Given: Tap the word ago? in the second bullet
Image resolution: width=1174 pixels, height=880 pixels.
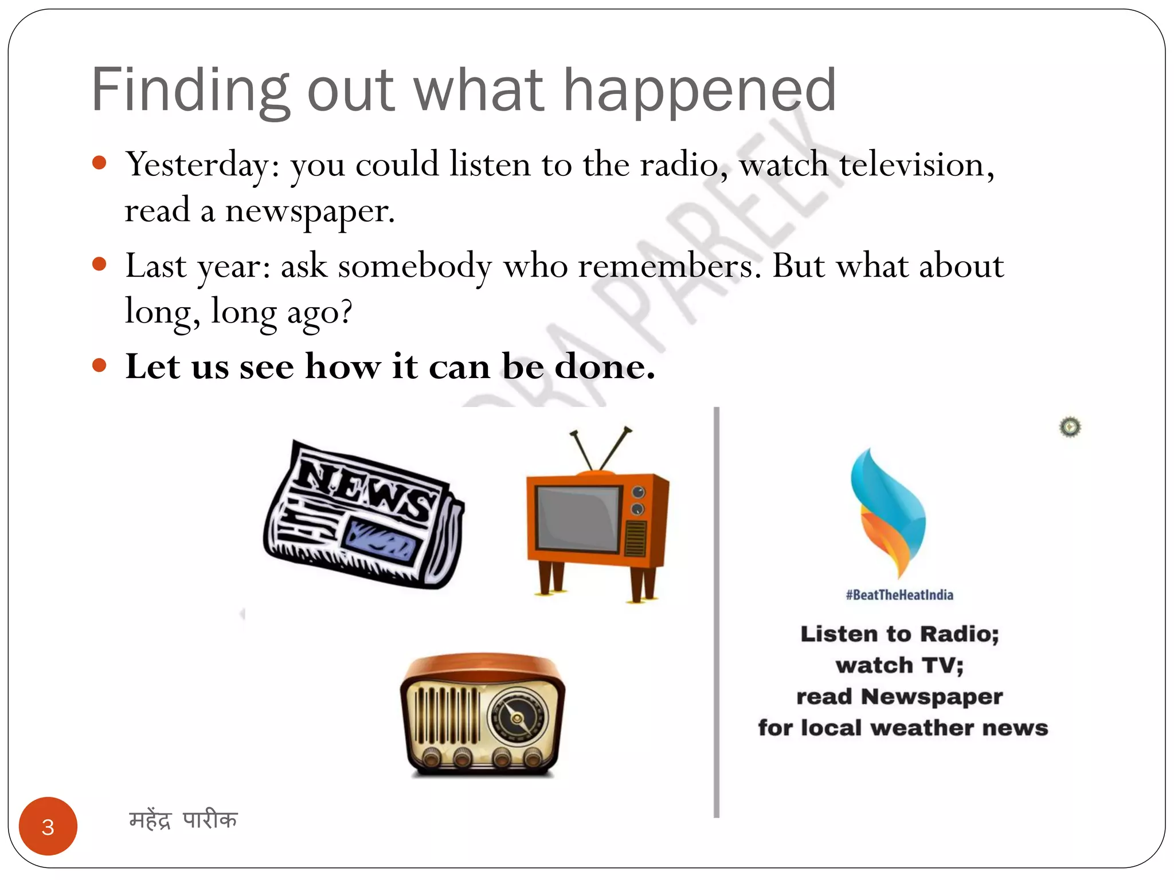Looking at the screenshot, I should pos(319,313).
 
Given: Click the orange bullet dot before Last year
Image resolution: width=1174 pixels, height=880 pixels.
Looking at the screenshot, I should pos(99,264).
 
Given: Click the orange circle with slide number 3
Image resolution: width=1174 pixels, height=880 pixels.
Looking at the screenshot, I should pos(48,826).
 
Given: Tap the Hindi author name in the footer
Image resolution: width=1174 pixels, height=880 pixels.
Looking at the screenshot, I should pos(183,820).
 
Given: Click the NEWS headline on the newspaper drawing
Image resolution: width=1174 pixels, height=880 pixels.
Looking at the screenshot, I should pos(367,486).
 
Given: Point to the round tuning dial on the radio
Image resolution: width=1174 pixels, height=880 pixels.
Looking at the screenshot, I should pos(517,717).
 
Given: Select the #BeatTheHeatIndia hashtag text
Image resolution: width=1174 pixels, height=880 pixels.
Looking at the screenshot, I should pos(899,595).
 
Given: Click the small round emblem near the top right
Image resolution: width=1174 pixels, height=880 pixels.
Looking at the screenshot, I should pos(1070,427).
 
